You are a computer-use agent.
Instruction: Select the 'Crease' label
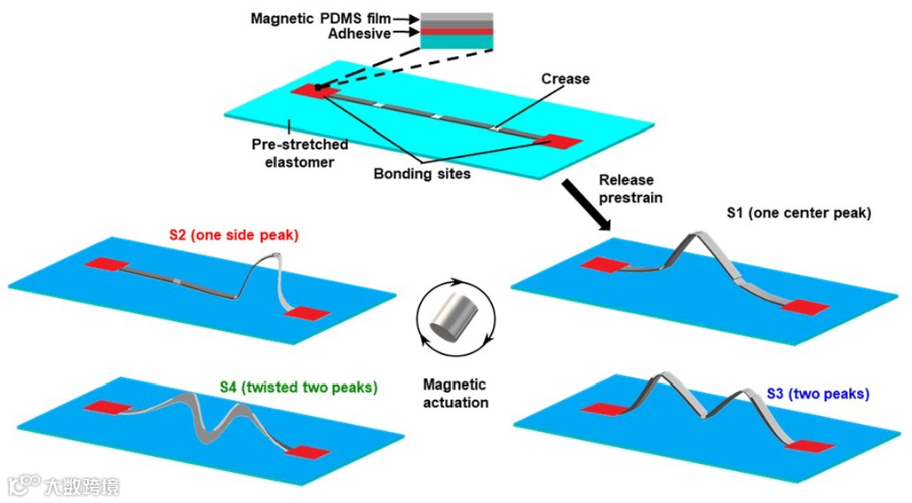[x=565, y=79]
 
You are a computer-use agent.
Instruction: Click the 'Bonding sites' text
[x=422, y=174]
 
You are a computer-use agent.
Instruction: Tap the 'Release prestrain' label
[x=630, y=189]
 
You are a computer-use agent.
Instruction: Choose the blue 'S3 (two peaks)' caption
[x=817, y=393]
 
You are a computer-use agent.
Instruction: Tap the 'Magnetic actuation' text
[x=455, y=393]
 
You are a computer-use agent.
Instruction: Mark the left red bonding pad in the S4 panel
[x=106, y=407]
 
